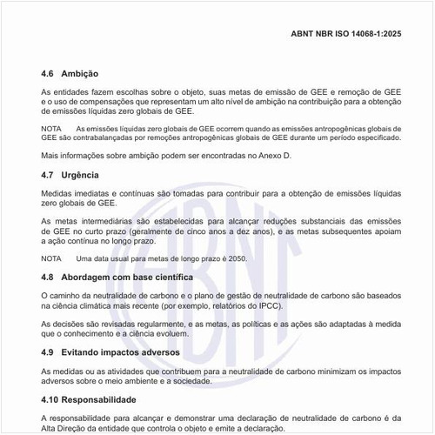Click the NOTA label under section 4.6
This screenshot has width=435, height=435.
pyautogui.click(x=50, y=128)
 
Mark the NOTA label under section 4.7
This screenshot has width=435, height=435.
pyautogui.click(x=50, y=258)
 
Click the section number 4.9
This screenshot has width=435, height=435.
pyautogui.click(x=49, y=353)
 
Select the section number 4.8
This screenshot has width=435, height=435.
pyautogui.click(x=49, y=277)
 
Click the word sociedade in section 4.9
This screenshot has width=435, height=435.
pyautogui.click(x=212, y=381)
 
